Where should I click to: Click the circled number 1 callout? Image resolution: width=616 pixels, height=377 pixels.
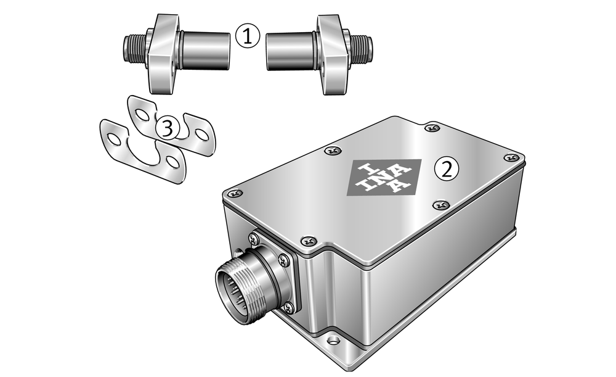point(248,36)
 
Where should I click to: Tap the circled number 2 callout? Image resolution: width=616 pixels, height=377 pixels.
point(446,170)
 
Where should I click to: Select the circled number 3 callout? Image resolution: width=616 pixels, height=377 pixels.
point(168,128)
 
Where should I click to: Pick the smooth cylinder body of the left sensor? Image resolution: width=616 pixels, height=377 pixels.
point(205,51)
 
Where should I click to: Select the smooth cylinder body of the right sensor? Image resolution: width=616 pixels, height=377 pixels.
point(290,51)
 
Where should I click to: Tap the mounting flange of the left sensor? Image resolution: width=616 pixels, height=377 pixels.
point(162,54)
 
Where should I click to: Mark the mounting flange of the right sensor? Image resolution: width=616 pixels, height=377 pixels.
point(333,54)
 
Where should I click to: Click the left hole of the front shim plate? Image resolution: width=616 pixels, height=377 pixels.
point(113,139)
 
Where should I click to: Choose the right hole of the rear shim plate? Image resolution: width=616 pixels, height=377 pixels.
point(202,135)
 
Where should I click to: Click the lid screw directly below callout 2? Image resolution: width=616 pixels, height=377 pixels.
point(441,205)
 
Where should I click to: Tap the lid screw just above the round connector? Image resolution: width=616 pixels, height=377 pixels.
point(309,240)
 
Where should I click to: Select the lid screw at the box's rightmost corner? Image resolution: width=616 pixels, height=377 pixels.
point(511,157)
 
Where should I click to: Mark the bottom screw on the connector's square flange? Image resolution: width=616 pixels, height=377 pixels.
point(289,307)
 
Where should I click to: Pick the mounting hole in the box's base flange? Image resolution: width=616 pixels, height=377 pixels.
point(333,339)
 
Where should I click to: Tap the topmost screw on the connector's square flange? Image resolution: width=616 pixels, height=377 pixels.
point(253,238)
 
